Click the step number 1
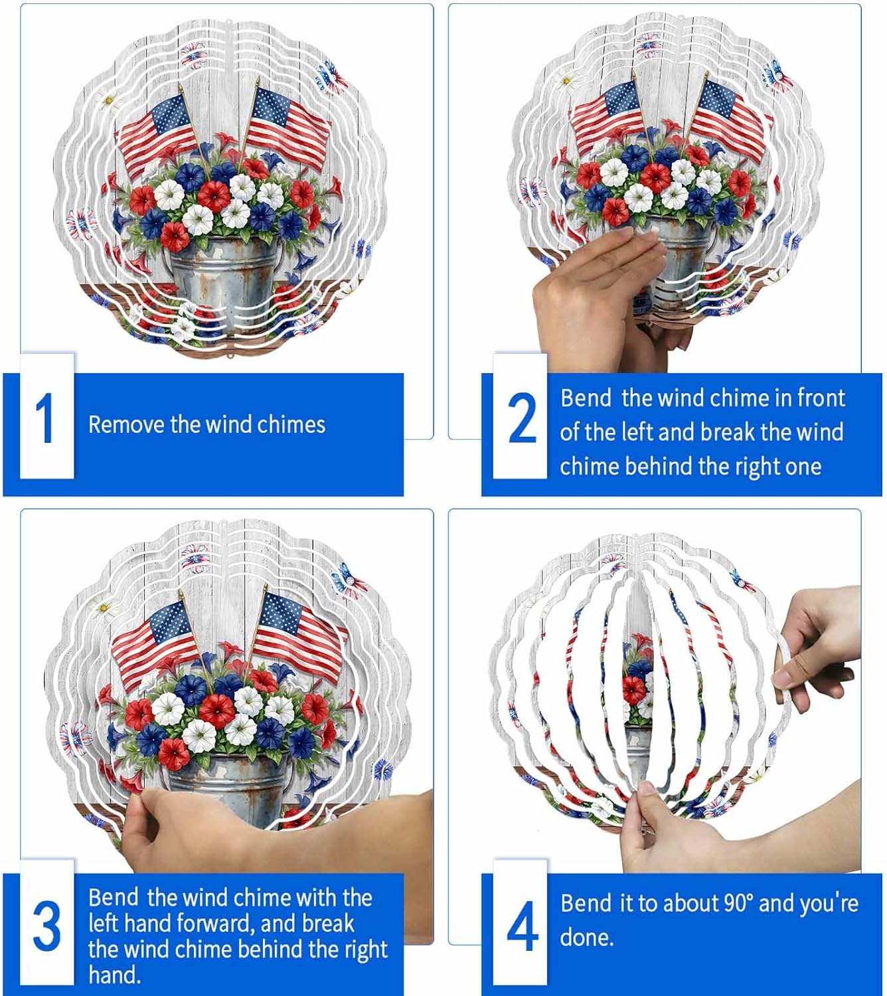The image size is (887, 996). coord(44,419)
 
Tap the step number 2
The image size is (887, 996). coord(522,418)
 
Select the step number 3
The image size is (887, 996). coord(46,926)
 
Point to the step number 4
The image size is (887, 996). coord(522,927)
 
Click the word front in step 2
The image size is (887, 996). coord(821,398)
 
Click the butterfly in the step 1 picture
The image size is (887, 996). coord(331,77)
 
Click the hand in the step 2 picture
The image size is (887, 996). coord(598,292)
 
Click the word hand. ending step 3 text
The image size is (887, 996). coord(114,975)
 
